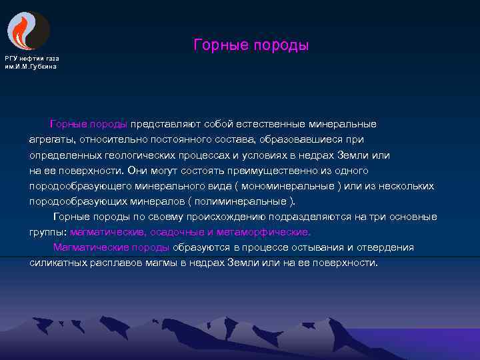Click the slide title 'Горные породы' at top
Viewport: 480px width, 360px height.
251,45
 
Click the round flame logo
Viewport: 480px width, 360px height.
28,30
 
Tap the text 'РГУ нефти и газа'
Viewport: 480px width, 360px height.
31,59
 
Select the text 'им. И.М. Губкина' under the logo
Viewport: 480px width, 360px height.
31,66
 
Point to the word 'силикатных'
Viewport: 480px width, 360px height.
56,263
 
